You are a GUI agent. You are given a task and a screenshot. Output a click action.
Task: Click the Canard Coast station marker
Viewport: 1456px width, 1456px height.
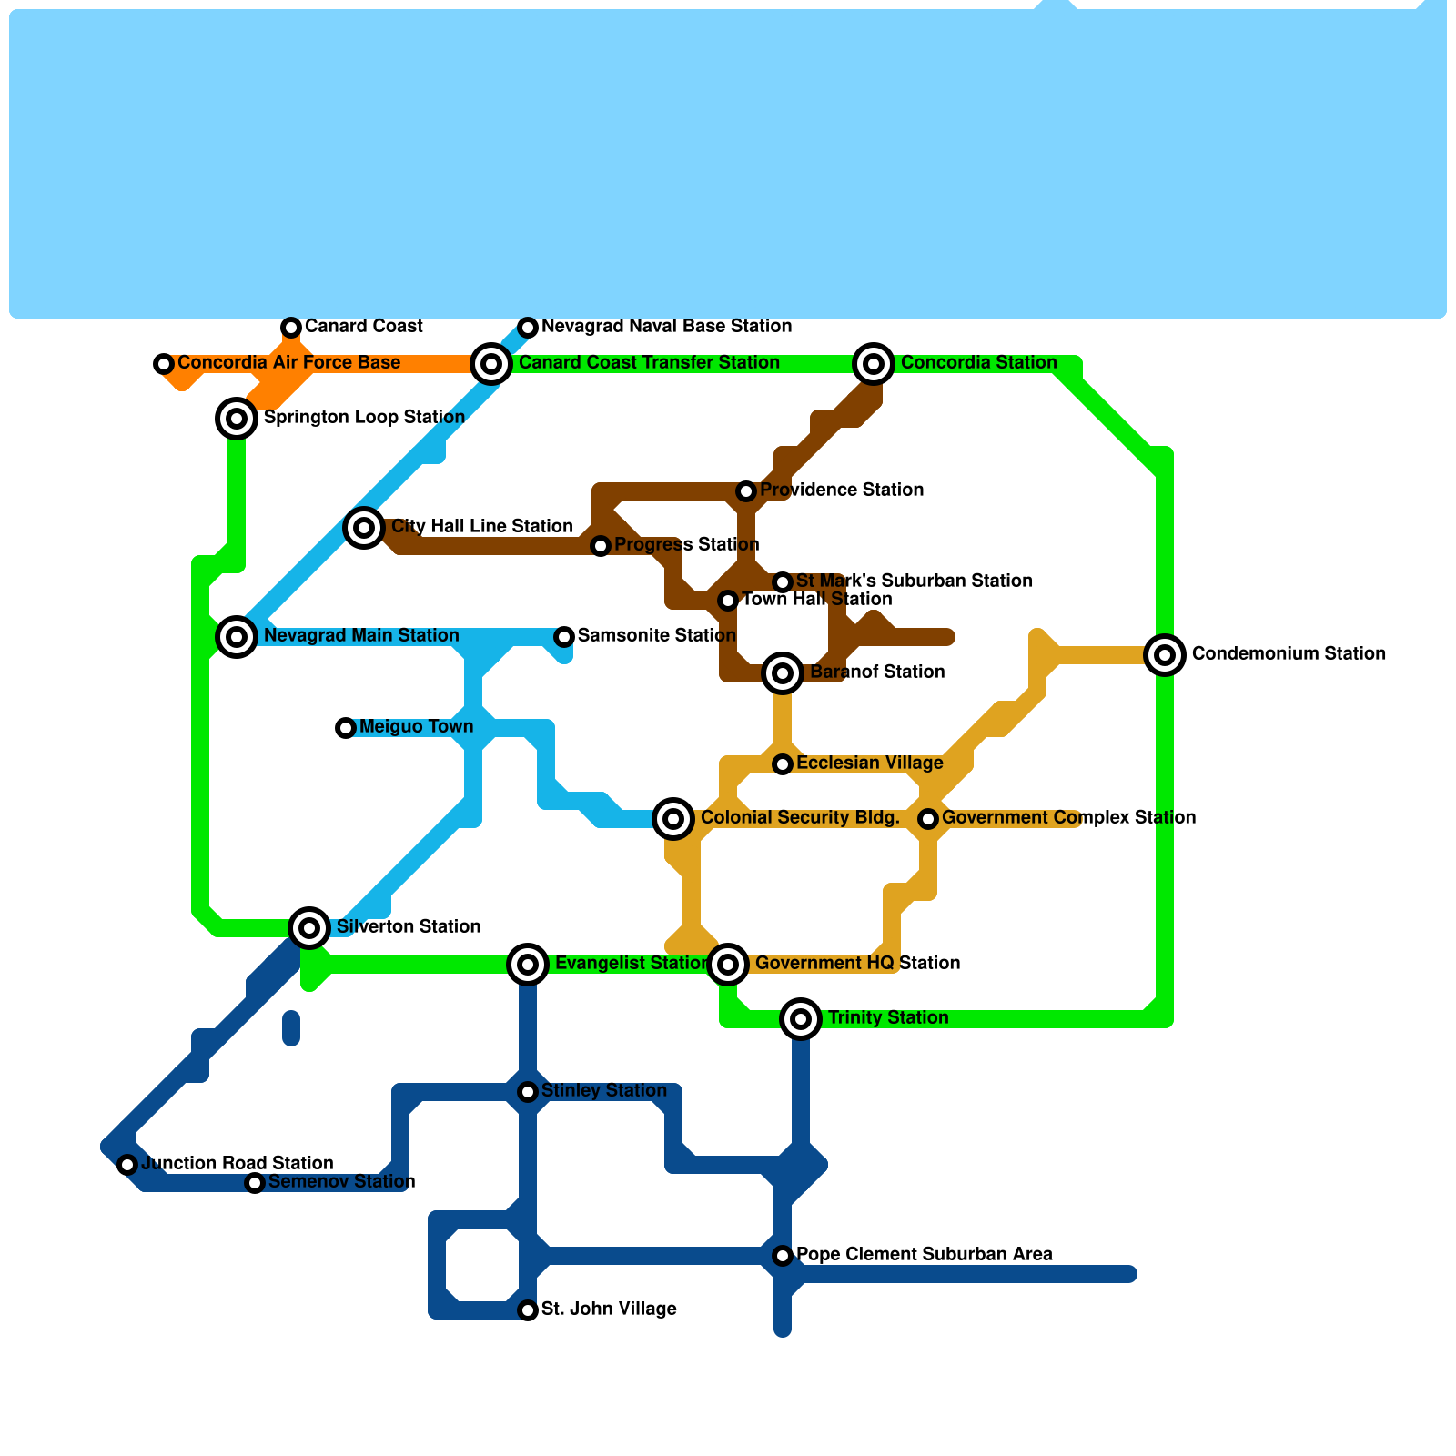click(291, 328)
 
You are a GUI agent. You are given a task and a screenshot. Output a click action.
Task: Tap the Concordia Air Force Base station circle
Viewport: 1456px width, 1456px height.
click(164, 364)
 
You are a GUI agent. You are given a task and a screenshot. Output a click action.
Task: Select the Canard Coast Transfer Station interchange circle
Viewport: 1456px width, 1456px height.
click(491, 364)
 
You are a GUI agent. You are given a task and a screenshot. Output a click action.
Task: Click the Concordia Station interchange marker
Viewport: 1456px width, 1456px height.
click(874, 364)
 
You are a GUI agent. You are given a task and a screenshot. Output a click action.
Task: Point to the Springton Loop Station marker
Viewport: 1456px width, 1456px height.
click(237, 419)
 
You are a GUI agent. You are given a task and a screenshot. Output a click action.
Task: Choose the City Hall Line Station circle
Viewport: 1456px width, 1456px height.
click(364, 528)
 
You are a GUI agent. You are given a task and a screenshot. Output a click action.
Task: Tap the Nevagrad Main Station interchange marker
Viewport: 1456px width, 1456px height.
click(237, 637)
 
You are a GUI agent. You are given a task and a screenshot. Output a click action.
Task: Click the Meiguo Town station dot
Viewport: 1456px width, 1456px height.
click(346, 728)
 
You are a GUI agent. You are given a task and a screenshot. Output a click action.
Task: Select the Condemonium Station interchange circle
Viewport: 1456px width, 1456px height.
click(1165, 655)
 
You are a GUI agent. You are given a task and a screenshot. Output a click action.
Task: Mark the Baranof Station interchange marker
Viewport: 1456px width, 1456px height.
click(783, 673)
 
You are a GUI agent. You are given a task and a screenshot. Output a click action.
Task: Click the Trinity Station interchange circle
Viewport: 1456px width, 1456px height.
click(801, 1019)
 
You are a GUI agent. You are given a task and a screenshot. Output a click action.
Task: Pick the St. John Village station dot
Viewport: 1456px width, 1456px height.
click(528, 1310)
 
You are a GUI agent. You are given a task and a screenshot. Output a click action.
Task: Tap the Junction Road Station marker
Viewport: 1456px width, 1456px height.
click(127, 1165)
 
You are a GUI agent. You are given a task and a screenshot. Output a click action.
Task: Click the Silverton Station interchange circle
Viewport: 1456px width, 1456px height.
click(309, 928)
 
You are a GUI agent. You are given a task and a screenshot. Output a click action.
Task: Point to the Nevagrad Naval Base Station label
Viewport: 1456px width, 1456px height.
click(666, 326)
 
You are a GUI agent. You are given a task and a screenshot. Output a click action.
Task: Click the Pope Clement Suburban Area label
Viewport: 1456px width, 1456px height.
click(924, 1254)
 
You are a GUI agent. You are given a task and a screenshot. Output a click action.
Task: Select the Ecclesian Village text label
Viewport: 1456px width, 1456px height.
click(869, 763)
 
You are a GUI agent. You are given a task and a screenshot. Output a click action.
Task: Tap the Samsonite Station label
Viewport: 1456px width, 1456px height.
click(656, 635)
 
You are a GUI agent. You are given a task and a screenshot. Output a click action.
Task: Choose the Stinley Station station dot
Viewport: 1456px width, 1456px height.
click(528, 1092)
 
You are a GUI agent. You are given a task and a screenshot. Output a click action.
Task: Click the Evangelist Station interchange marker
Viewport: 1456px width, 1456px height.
click(528, 965)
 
